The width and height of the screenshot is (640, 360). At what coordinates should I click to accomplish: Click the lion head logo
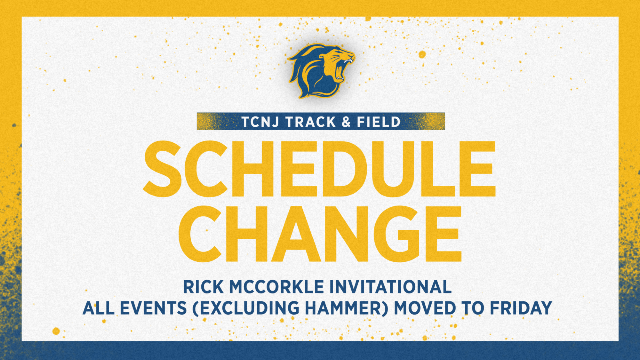[x=321, y=71]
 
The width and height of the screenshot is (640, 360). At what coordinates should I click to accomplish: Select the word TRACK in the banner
[x=311, y=122]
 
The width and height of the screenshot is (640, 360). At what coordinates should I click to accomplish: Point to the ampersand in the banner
[x=346, y=122]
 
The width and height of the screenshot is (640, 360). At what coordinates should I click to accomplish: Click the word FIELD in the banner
[x=379, y=122]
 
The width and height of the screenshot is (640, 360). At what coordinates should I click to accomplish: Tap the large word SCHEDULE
[x=319, y=169]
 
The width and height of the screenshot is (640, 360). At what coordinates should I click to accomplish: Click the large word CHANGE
[x=320, y=234]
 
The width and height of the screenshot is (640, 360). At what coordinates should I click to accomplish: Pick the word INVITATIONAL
[x=390, y=287]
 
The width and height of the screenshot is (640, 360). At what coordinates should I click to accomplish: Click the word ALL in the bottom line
[x=98, y=308]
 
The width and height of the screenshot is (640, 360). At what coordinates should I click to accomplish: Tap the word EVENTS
[x=153, y=308]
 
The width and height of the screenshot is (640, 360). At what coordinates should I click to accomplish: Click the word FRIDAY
[x=521, y=308]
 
